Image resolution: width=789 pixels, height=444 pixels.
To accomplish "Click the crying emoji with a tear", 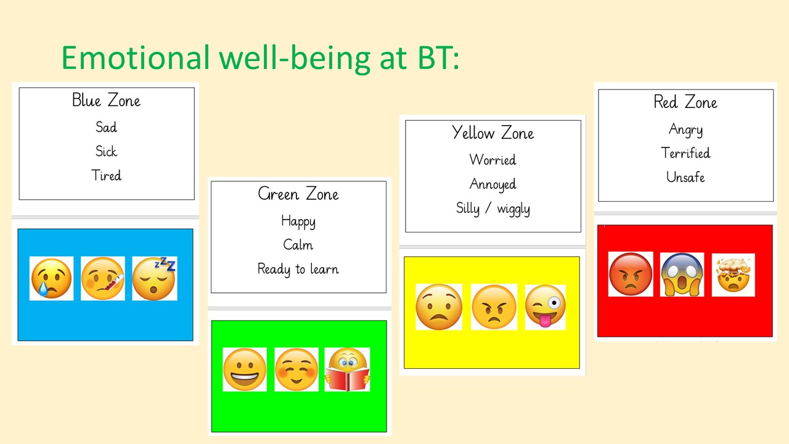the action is tap(51, 278).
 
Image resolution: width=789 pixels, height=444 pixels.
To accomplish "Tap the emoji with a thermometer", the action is tap(102, 278).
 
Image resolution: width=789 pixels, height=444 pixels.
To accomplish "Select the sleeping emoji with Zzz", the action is tap(155, 278).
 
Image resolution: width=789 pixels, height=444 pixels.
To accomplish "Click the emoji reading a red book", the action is tap(347, 369).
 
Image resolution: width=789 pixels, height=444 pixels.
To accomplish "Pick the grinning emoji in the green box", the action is tap(245, 369).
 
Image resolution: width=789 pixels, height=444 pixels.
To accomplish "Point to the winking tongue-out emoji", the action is tap(546, 306).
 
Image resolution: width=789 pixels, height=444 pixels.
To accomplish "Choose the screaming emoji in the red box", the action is tap(682, 274).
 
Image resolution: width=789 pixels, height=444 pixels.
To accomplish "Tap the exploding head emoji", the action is tap(734, 275).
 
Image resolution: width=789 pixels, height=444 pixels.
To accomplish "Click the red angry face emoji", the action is tap(631, 274).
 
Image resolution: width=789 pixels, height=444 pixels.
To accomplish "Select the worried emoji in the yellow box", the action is tap(439, 306).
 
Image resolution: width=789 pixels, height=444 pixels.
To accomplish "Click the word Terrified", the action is tap(685, 153).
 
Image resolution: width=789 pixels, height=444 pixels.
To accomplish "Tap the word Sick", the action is tap(106, 151).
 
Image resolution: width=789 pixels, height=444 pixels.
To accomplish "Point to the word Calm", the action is tap(298, 245).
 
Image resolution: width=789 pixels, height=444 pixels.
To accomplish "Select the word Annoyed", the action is tap(493, 184).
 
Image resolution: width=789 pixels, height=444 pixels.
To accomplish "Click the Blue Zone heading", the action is tap(106, 100).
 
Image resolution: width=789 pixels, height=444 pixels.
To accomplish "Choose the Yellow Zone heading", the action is tap(493, 133).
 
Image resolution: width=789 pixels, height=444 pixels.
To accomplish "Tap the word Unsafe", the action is tap(685, 177).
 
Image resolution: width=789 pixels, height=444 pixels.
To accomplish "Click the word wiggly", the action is tap(513, 209).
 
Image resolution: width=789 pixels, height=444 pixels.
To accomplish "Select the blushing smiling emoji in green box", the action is tap(296, 369).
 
